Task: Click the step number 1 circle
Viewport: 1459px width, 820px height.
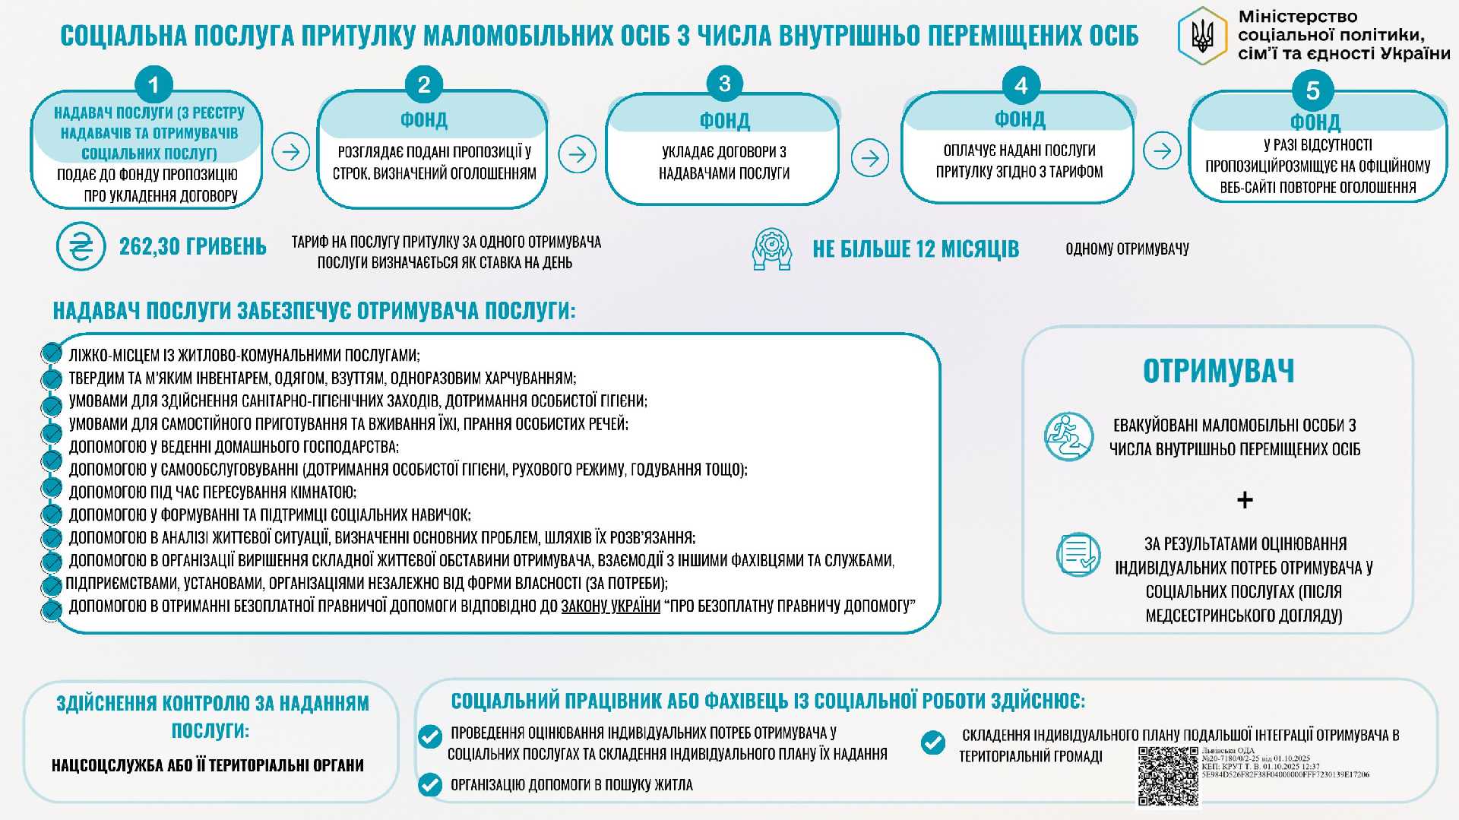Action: (153, 85)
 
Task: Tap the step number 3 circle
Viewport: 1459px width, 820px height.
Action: (724, 84)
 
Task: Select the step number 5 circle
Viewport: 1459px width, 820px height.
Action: (1312, 90)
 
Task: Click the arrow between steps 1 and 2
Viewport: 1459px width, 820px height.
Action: (291, 152)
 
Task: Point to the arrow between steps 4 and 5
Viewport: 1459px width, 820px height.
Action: (1162, 150)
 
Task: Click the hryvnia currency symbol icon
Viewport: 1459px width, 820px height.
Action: (81, 246)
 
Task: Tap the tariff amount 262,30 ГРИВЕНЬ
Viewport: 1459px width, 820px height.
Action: (192, 247)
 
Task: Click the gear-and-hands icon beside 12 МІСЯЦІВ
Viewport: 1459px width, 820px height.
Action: (771, 249)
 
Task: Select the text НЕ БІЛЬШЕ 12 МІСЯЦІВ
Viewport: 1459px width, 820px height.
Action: (916, 249)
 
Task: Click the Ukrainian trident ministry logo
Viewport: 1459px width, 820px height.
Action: (1202, 36)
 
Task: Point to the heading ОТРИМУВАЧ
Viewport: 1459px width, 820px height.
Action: (1218, 371)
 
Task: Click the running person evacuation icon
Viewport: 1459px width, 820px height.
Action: (1068, 437)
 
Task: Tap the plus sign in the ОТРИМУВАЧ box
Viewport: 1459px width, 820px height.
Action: (1245, 500)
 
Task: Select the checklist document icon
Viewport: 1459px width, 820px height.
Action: (1078, 555)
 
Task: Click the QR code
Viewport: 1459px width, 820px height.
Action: (1168, 776)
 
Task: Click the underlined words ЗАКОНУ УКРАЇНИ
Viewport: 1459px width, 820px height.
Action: (611, 606)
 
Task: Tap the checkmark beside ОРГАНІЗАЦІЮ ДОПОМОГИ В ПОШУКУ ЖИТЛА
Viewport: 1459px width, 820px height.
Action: (430, 784)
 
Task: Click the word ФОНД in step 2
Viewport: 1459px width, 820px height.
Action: (424, 120)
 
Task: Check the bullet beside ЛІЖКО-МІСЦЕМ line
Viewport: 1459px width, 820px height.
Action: (52, 353)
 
